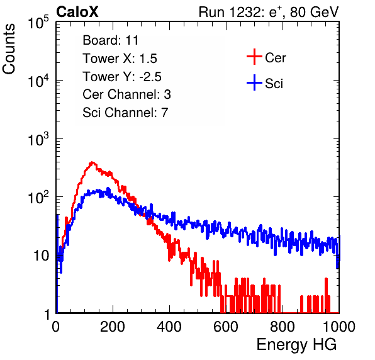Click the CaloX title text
[x=77, y=12]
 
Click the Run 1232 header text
[x=269, y=12]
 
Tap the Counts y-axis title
[x=9, y=49]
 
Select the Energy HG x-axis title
[x=296, y=345]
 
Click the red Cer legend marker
[x=254, y=57]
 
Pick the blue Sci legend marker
[x=254, y=82]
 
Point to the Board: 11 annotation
[x=111, y=40]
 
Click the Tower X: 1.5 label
[x=120, y=59]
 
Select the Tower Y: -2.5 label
[x=122, y=77]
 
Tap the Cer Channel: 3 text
[x=126, y=94]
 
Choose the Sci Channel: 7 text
[x=125, y=113]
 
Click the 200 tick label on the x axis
[x=113, y=327]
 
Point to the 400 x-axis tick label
[x=169, y=327]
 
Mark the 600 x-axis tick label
[x=226, y=327]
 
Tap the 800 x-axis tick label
[x=283, y=327]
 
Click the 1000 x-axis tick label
[x=339, y=327]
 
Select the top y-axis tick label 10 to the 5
[x=38, y=23]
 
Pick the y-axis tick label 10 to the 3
[x=38, y=139]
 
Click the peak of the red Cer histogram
[x=92, y=162]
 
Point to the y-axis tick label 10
[x=41, y=256]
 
